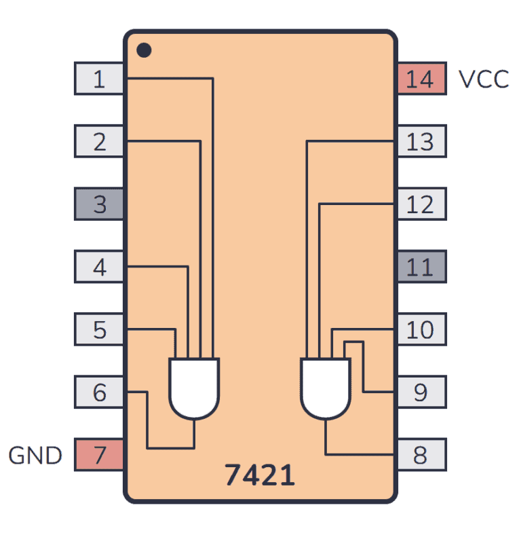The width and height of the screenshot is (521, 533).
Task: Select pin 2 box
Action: (99, 142)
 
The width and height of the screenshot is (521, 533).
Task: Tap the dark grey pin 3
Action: (99, 204)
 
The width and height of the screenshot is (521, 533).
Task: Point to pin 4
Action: (99, 268)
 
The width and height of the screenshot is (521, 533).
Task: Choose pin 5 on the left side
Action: (99, 330)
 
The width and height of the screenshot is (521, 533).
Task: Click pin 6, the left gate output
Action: (99, 392)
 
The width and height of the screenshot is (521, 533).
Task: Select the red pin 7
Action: (99, 455)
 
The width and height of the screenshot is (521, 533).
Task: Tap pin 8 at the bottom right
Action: (421, 455)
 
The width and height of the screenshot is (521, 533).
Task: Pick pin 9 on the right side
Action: (421, 392)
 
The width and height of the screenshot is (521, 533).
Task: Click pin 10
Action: (421, 330)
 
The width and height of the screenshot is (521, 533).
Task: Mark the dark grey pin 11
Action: (421, 268)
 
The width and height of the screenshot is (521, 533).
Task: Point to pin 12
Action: (421, 204)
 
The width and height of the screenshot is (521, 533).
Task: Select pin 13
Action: (421, 142)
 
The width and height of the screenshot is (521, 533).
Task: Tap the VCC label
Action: (484, 79)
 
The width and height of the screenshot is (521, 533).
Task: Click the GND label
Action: (35, 456)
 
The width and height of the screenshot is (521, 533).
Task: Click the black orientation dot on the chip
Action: (144, 50)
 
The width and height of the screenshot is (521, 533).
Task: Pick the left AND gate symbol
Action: (194, 388)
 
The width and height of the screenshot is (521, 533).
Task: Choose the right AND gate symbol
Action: (326, 388)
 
